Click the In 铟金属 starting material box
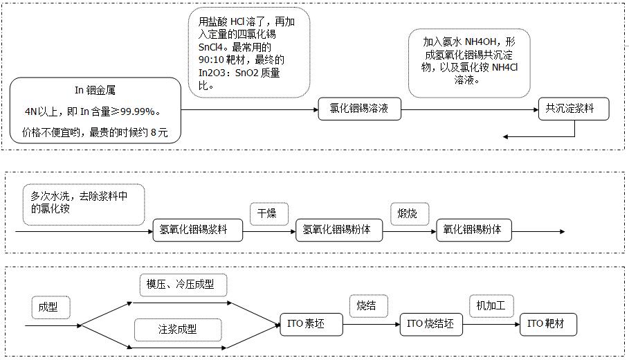(95, 110)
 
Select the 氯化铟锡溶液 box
(359, 109)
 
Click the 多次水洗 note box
(84, 204)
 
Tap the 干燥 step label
(268, 213)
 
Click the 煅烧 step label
(409, 213)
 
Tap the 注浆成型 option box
(178, 329)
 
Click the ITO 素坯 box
(311, 324)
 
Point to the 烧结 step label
(367, 306)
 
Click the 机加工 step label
(491, 306)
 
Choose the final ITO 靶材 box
(548, 324)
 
